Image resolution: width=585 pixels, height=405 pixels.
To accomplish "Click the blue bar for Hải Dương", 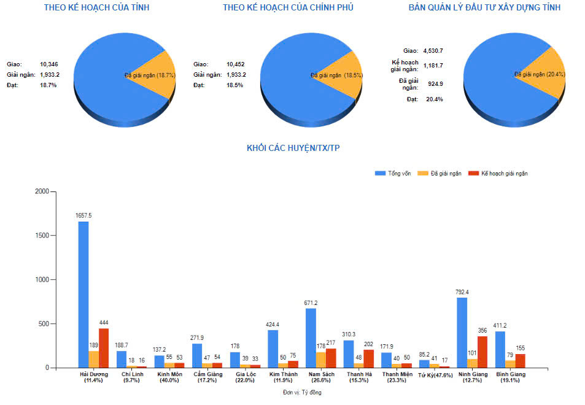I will [x=83, y=295].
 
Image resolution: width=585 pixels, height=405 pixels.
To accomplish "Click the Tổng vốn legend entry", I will [x=393, y=174].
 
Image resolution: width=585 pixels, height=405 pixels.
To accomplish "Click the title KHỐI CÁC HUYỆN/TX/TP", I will [x=292, y=148].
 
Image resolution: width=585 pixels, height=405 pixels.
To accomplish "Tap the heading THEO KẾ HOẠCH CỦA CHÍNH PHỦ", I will [x=288, y=8].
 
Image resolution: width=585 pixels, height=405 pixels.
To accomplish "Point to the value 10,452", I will [x=235, y=64].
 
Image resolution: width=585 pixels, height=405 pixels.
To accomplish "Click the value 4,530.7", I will [x=433, y=50].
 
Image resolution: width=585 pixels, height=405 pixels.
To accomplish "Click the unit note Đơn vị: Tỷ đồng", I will [x=302, y=392].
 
